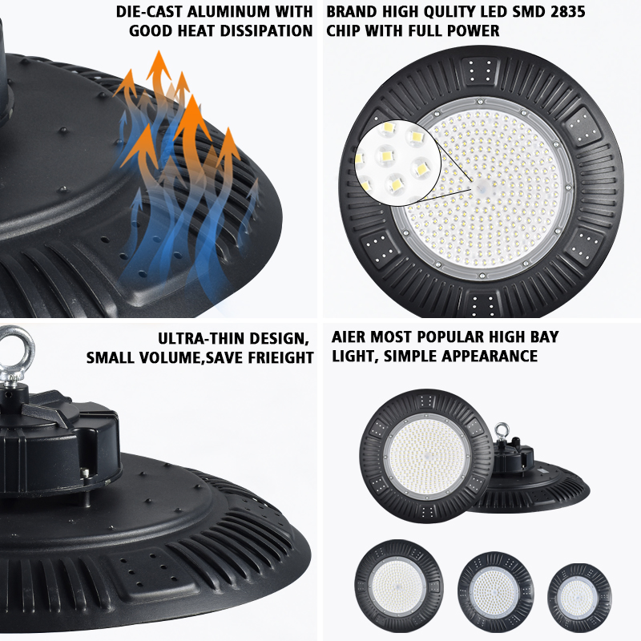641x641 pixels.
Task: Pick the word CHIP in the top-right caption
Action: tap(346, 31)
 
